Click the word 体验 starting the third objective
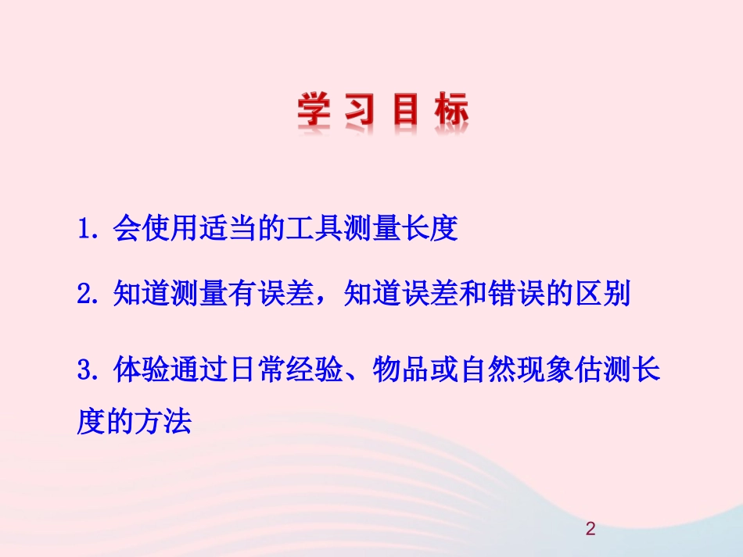tap(141, 370)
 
